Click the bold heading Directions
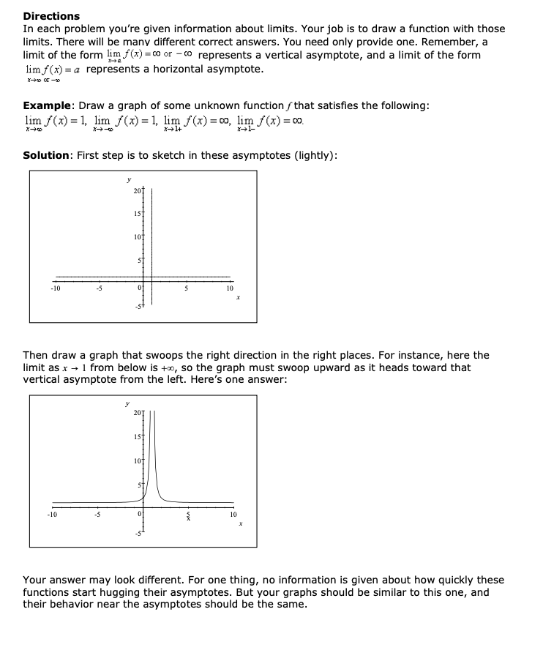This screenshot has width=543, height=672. [51, 15]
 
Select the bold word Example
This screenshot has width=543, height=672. [46, 105]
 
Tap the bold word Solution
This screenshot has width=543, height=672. [48, 155]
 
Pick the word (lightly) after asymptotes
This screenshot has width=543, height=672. [312, 155]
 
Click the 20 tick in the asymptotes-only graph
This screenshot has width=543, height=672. [138, 191]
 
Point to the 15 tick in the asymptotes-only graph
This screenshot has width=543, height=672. [138, 213]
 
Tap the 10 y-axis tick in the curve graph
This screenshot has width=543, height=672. [138, 460]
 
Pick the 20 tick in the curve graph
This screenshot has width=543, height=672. [138, 416]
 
